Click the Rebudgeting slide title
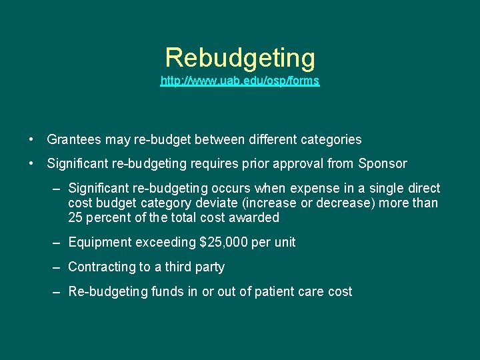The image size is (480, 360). click(240, 58)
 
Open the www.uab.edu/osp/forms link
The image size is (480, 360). click(240, 81)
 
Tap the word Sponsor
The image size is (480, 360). click(383, 163)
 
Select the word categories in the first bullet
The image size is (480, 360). click(330, 139)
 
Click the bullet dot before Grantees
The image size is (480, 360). click(32, 139)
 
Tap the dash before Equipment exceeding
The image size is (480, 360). click(57, 242)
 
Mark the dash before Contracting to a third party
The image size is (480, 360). click(57, 267)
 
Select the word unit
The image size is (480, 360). click(285, 242)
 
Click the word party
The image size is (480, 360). click(210, 267)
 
